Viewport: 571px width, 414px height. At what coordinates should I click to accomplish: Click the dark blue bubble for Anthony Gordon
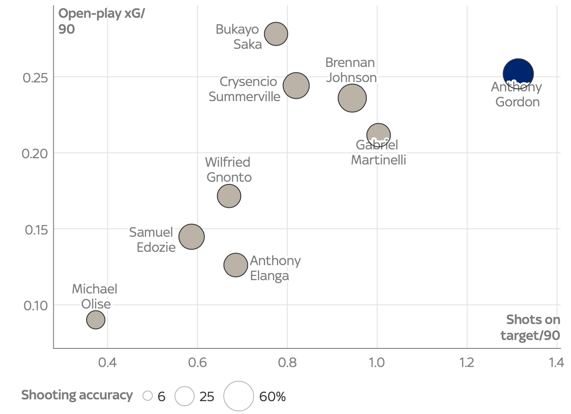518,74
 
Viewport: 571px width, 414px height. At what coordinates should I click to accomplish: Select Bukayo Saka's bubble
276,33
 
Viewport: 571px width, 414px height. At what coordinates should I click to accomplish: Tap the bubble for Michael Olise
95,320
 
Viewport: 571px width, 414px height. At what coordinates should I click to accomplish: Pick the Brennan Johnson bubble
352,98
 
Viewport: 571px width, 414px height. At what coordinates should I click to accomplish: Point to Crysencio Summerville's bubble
296,86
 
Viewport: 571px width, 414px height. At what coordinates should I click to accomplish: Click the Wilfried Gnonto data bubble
229,196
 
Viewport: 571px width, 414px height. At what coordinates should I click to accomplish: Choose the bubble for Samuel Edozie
191,237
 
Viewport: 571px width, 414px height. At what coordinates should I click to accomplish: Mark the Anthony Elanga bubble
236,265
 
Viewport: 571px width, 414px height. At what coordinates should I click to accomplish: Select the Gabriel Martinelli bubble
378,135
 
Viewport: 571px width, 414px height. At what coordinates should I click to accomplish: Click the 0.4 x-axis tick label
107,363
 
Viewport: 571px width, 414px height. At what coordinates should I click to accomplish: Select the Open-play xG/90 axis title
102,21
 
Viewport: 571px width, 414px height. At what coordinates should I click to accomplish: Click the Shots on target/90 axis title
532,328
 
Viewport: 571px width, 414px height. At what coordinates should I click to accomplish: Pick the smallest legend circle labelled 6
148,396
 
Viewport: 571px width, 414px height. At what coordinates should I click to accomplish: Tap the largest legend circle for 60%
238,396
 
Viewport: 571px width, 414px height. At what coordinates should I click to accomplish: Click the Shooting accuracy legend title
77,395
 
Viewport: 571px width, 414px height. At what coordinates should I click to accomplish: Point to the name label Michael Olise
95,297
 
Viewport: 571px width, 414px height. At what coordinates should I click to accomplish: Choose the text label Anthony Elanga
275,268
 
